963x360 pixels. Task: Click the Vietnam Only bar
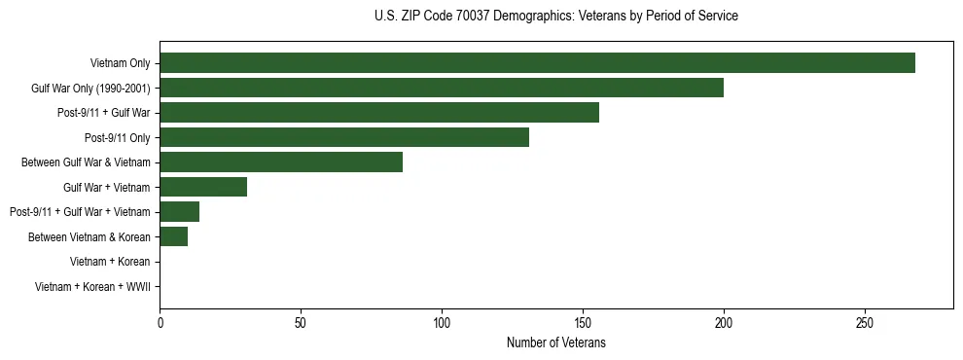click(537, 63)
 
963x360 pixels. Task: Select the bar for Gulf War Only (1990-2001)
click(442, 88)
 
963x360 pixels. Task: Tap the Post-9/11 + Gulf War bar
click(379, 113)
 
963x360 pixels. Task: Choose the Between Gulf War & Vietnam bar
click(281, 162)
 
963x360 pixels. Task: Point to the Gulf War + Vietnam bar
click(203, 187)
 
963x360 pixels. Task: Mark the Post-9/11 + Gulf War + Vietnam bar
click(180, 211)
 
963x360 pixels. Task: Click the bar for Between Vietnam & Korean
click(174, 236)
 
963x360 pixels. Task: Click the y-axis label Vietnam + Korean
click(110, 262)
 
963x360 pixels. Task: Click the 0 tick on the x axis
click(160, 321)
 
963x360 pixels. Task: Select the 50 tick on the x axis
click(301, 321)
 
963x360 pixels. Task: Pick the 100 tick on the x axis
click(442, 321)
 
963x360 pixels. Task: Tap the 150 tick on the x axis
click(583, 321)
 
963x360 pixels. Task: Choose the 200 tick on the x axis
click(724, 321)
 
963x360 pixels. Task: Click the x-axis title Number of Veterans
click(556, 342)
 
